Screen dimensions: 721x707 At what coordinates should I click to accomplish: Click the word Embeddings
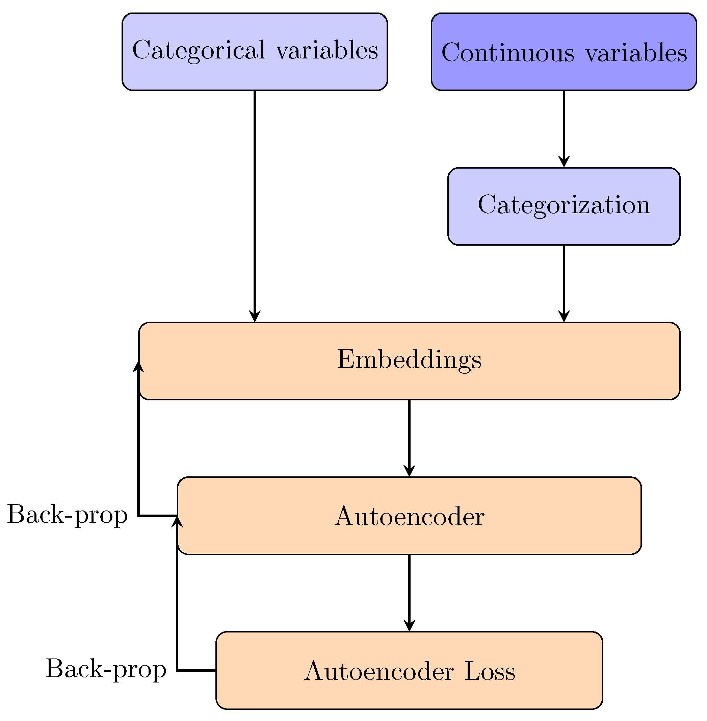(x=409, y=360)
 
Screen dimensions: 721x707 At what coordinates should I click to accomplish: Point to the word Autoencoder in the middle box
(x=409, y=517)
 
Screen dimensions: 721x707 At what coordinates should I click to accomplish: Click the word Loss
(x=490, y=671)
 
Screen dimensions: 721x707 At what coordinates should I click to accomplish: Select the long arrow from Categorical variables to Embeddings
(x=255, y=204)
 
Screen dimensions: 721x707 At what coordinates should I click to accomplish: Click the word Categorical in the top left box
(x=199, y=50)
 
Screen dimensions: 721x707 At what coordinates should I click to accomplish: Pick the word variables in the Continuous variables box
(x=636, y=53)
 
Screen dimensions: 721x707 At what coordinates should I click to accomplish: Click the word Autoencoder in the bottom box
(x=379, y=671)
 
